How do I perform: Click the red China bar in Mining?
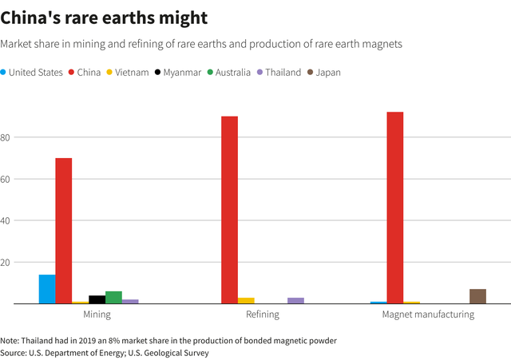64,231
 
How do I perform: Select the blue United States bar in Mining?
47,289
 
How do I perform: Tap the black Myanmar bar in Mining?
97,299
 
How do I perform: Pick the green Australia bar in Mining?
113,297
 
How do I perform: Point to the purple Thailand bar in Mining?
130,301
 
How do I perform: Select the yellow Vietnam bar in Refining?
246,300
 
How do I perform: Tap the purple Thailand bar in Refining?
295,300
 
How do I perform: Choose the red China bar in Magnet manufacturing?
394,208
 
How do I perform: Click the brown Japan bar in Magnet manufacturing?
477,296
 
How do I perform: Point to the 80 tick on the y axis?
6,137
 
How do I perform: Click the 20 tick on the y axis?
6,262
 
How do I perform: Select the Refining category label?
262,315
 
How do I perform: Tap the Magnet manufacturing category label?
428,315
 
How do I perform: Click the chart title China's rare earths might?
105,17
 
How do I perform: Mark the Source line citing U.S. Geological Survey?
104,352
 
